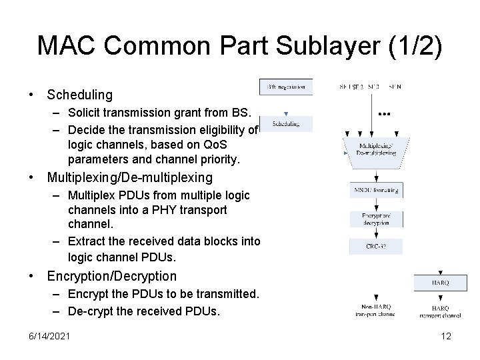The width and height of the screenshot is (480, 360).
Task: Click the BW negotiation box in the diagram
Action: coord(285,87)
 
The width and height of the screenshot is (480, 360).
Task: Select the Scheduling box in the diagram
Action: coord(285,124)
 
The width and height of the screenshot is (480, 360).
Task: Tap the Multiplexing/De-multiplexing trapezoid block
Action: coord(375,149)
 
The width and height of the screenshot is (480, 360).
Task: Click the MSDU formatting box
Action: coord(375,190)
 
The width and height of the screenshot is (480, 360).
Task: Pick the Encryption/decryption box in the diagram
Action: coord(375,219)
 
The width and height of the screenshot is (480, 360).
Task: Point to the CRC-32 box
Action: coord(375,247)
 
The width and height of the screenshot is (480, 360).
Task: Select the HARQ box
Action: coord(440,283)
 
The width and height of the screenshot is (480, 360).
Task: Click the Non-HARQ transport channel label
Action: coord(376,311)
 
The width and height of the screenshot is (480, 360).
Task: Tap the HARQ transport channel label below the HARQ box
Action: coord(440,311)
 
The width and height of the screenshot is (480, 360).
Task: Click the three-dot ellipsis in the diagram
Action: coord(384,114)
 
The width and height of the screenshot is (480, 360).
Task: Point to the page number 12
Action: coord(446,337)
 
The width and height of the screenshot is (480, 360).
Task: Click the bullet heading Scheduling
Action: coord(79,95)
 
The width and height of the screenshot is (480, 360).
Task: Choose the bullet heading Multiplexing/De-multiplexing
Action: coord(129,177)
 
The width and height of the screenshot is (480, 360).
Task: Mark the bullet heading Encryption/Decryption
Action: coord(111,276)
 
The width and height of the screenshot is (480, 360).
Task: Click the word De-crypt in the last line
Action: coord(89,311)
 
